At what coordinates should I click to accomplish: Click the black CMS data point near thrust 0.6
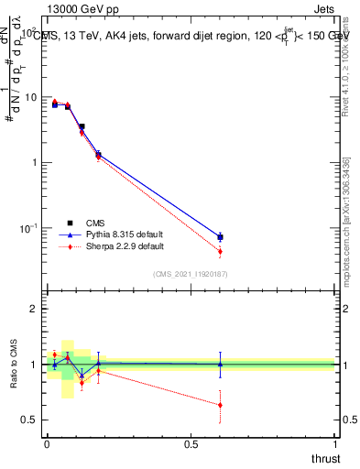(x=220, y=237)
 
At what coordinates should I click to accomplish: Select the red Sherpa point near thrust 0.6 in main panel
(x=220, y=251)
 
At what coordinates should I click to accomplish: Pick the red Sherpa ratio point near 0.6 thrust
(x=220, y=405)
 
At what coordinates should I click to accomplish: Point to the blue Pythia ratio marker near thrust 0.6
(x=220, y=364)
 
